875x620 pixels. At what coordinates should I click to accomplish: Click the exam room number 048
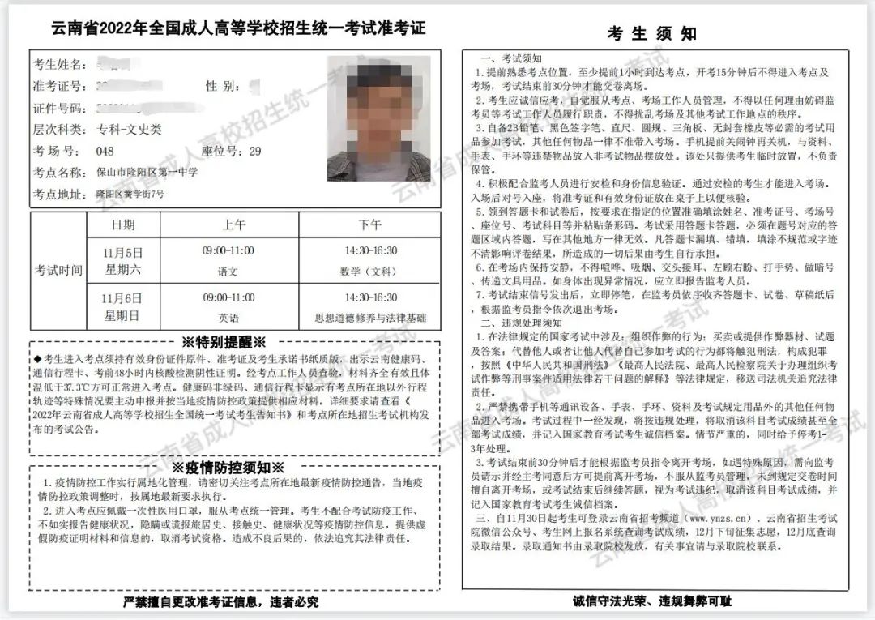[105, 151]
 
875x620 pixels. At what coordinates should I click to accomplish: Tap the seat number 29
[255, 151]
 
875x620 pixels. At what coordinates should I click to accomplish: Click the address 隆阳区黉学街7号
[130, 194]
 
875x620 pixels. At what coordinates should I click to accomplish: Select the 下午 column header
[369, 224]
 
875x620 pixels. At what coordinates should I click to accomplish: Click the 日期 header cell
[123, 224]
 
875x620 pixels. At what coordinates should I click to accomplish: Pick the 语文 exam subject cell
[228, 272]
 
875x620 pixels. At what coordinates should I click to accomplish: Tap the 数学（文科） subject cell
[369, 272]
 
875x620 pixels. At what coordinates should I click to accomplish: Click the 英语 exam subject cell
[228, 318]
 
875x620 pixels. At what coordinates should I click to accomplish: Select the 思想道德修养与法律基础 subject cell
[369, 318]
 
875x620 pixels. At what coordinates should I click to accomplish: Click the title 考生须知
[651, 33]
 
